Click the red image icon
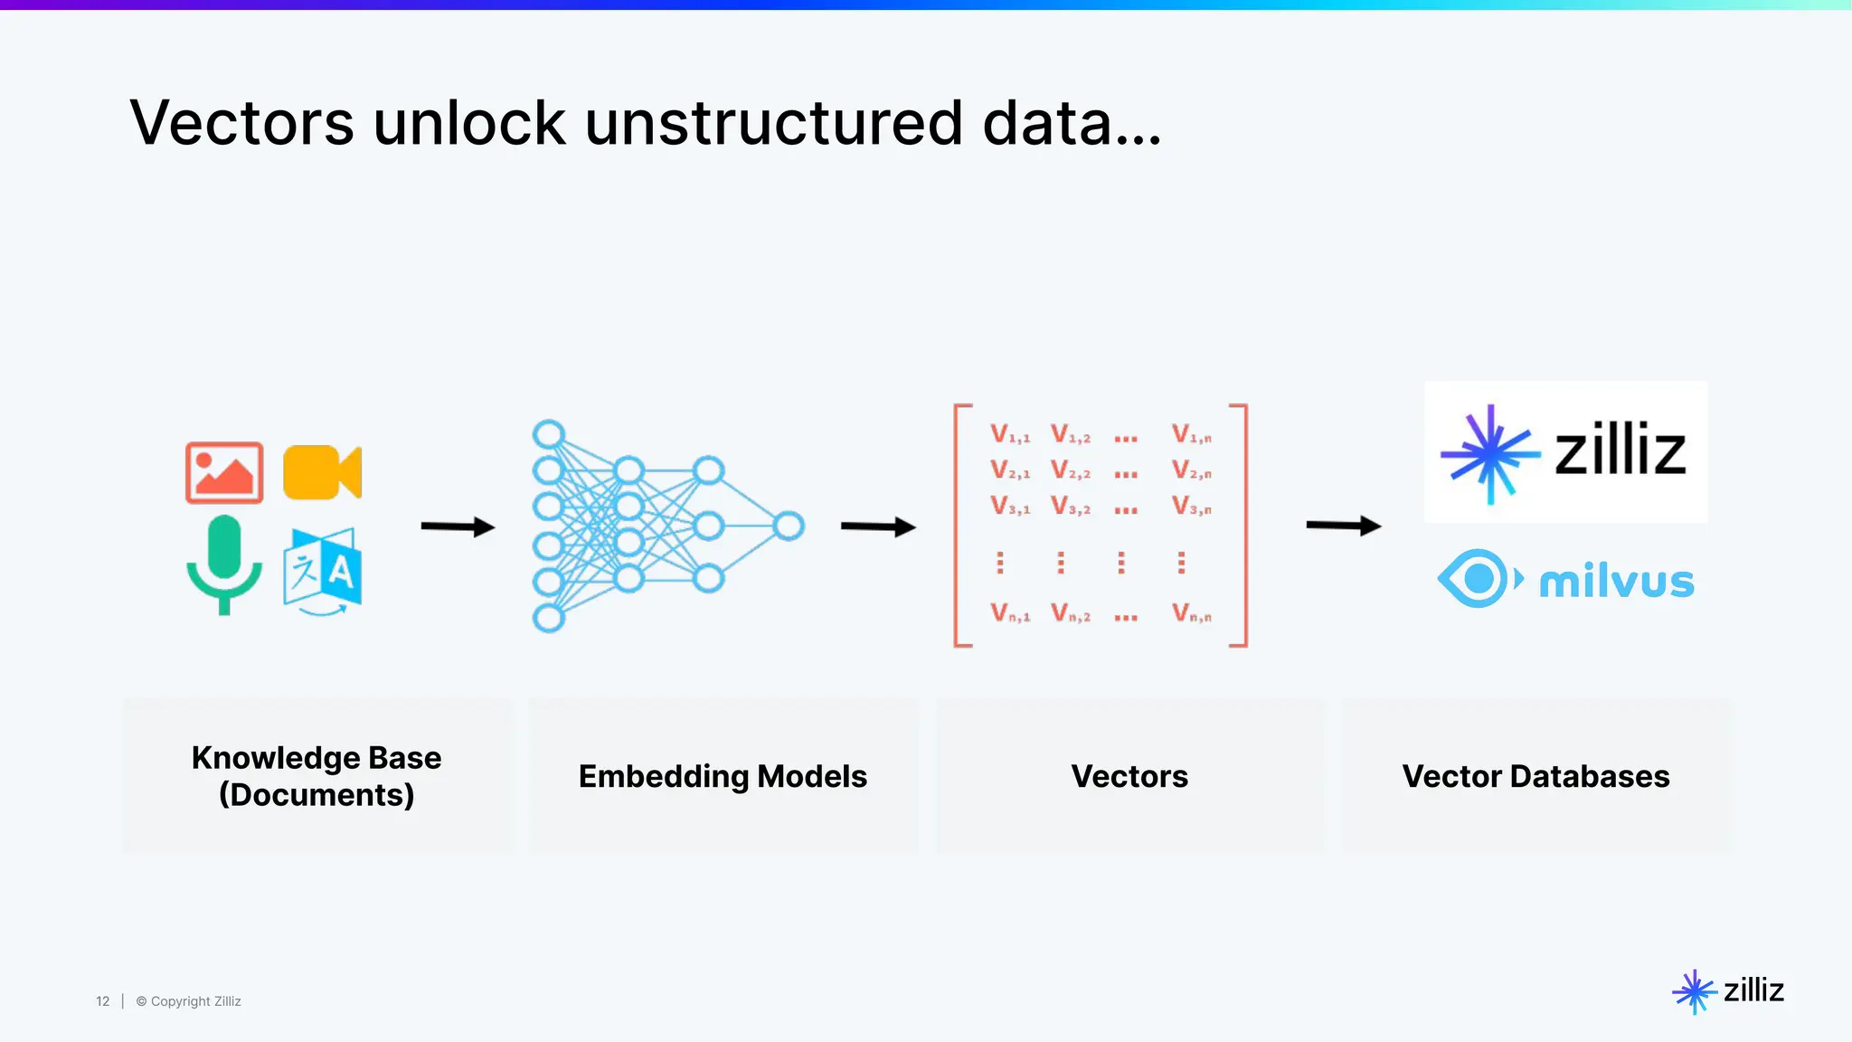coord(224,472)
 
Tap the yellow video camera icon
coord(321,472)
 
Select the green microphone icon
coord(224,563)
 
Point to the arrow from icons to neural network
coord(458,526)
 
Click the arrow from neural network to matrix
coord(877,526)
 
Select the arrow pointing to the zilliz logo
coord(1343,526)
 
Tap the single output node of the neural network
coord(789,526)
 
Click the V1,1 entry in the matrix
coord(1009,434)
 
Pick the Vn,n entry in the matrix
coord(1191,614)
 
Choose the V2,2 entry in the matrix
coord(1070,470)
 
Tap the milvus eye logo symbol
coord(1478,578)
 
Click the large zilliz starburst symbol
coord(1489,453)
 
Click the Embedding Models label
coord(723,776)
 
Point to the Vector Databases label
coord(1535,776)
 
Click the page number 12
coord(102,1001)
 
